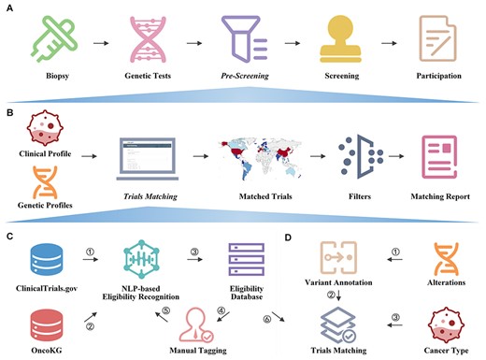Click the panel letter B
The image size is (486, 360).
pos(7,110)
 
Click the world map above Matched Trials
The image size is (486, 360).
pos(253,150)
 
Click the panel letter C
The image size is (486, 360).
pos(7,236)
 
